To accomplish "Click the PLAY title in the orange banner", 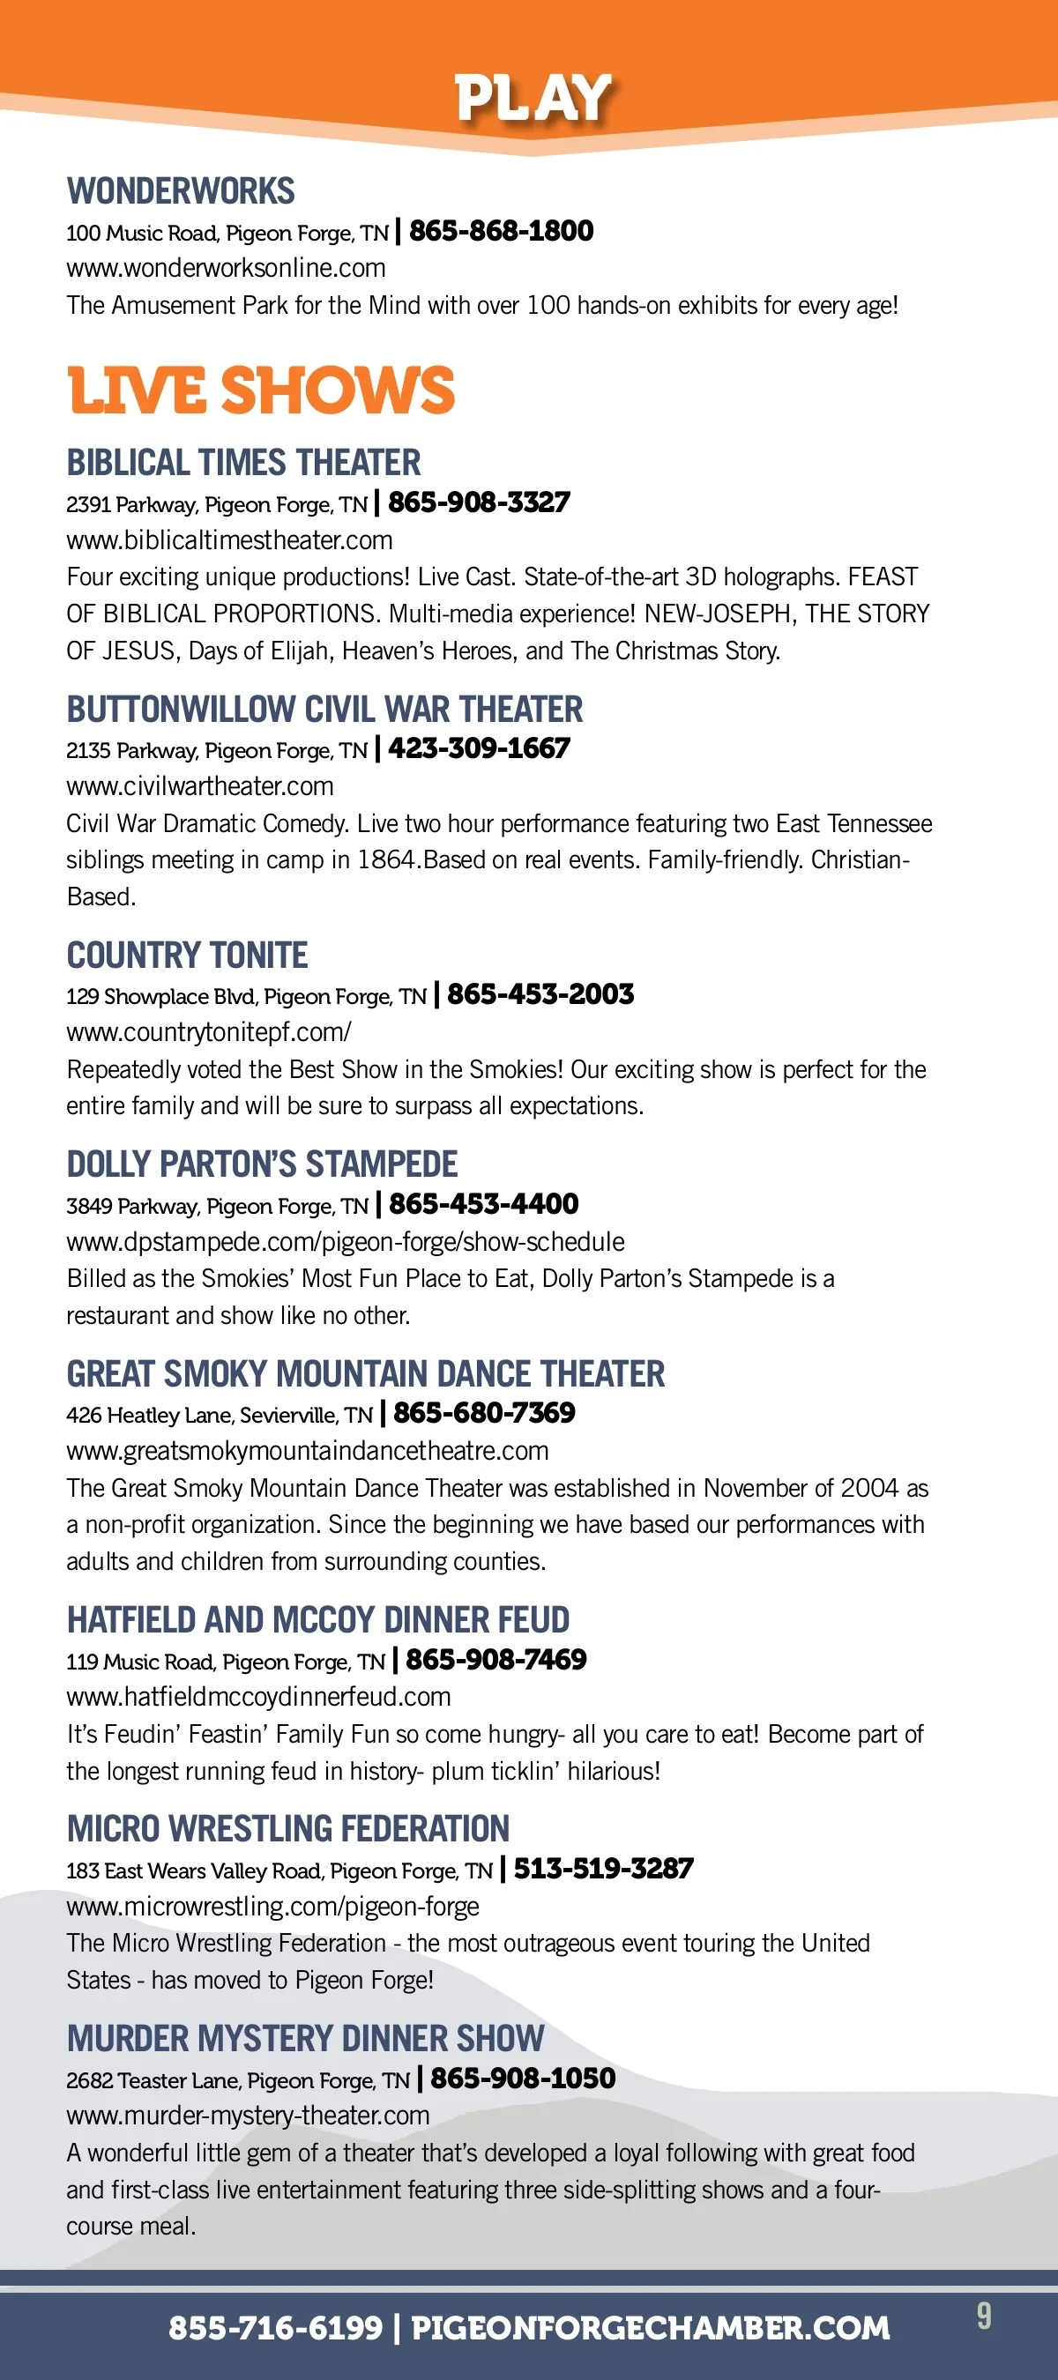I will coord(533,98).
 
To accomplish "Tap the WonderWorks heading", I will coord(180,191).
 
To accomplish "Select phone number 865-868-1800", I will coord(501,231).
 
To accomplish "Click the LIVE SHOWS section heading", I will coord(262,390).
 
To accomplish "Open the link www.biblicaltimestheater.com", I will coord(229,539).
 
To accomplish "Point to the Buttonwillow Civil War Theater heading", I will coord(324,710).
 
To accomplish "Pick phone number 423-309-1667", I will coord(479,748).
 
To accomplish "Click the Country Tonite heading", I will coord(187,956).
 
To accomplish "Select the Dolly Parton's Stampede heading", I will coord(262,1164).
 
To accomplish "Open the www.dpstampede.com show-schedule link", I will coord(345,1242).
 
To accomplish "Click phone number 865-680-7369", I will coord(484,1413).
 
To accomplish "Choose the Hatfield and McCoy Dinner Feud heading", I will coord(318,1619).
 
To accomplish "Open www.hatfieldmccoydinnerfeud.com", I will coord(257,1696).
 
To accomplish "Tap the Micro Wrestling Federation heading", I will coord(287,1828).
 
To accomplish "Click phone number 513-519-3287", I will coord(603,1868).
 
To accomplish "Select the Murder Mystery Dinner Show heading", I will coord(305,2038).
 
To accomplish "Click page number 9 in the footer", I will coord(984,2317).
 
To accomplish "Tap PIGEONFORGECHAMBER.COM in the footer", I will coord(650,2327).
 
